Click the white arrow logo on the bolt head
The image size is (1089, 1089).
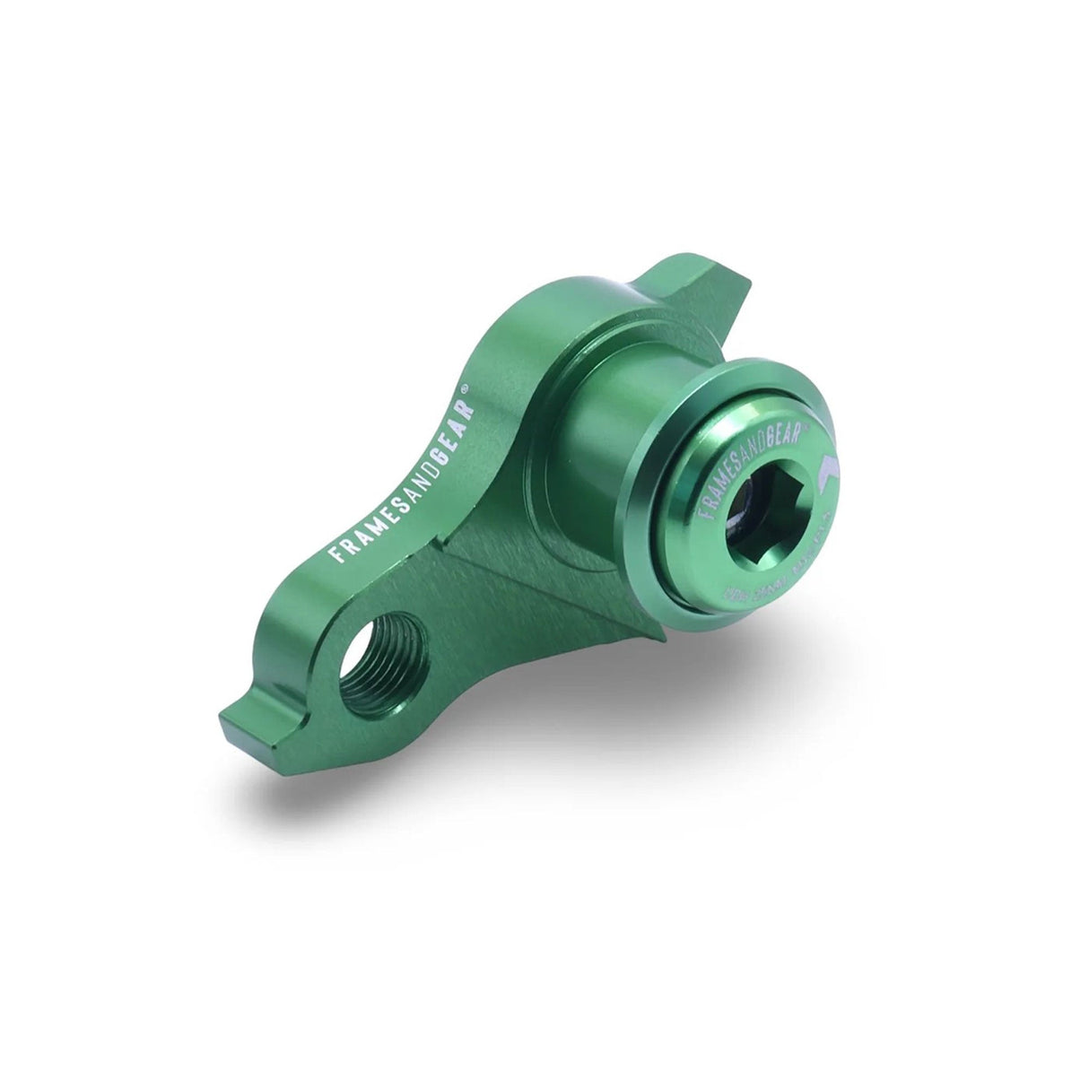point(826,474)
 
